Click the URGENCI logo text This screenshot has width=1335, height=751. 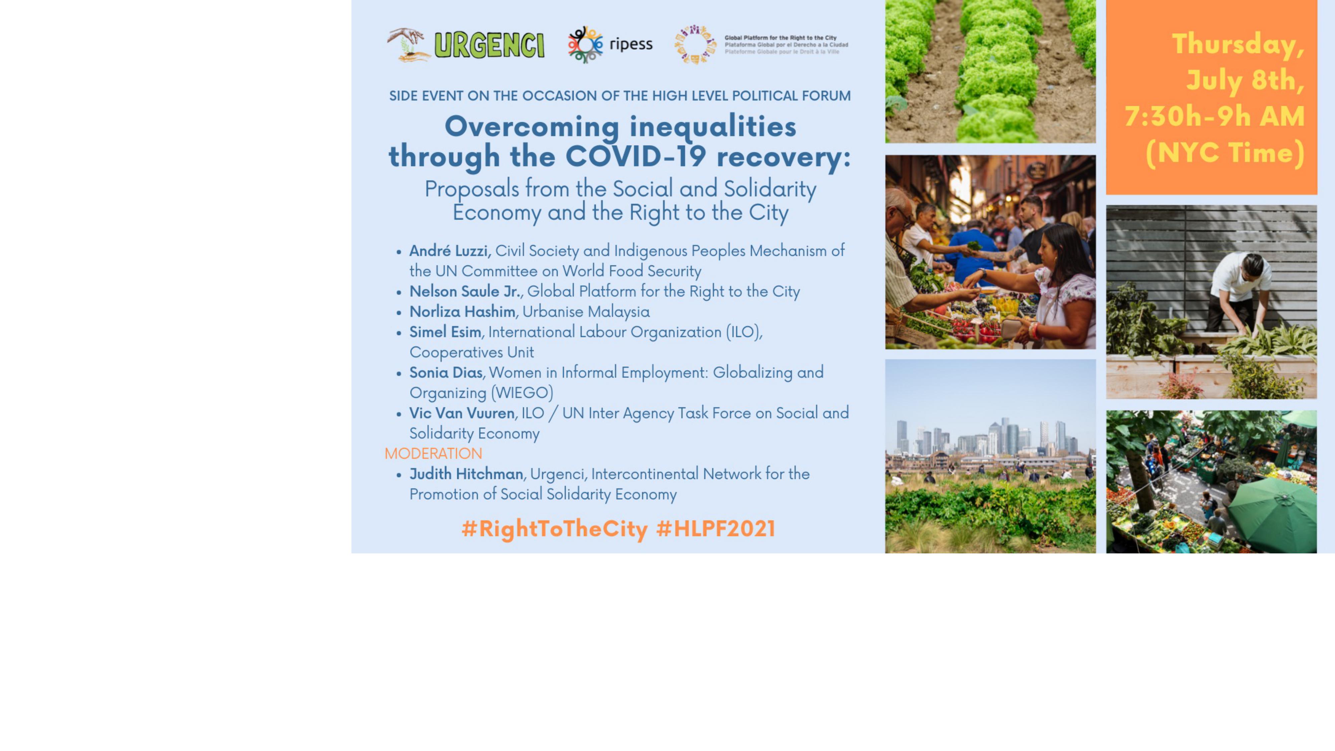tap(489, 45)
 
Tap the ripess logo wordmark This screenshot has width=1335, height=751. tap(631, 45)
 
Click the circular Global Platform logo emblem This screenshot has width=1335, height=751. tap(695, 45)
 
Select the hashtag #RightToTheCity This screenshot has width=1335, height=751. tap(554, 529)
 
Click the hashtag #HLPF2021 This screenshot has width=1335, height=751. tap(716, 529)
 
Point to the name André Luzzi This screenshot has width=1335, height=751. tap(449, 251)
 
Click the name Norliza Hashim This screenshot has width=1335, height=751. tap(462, 311)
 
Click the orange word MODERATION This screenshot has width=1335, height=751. tap(433, 454)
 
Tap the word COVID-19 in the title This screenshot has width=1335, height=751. tap(635, 156)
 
